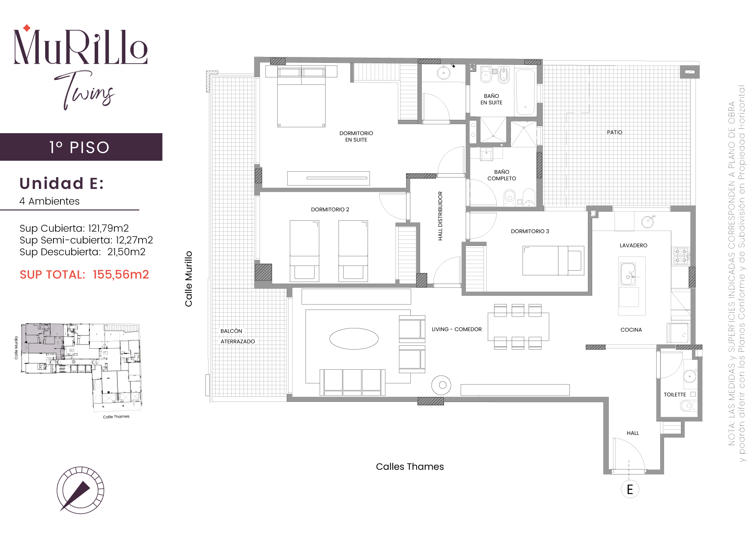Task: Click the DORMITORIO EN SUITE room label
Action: (356, 136)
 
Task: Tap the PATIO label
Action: (615, 132)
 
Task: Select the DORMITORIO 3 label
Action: (530, 231)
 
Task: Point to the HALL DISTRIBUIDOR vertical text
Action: (440, 216)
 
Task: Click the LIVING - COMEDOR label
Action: (457, 329)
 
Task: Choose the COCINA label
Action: (631, 330)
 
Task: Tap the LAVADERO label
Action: (633, 246)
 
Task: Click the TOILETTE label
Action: (675, 394)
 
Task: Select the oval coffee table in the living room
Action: (354, 339)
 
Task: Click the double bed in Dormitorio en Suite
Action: (301, 96)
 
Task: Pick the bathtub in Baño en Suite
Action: (525, 92)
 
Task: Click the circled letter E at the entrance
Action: (630, 489)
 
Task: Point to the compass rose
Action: (80, 490)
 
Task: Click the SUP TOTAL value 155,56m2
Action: (121, 275)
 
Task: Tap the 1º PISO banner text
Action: (79, 147)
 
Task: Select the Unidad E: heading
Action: (62, 183)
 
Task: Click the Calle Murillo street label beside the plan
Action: (189, 279)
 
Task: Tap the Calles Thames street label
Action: (410, 467)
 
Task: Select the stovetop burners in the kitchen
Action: (681, 256)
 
